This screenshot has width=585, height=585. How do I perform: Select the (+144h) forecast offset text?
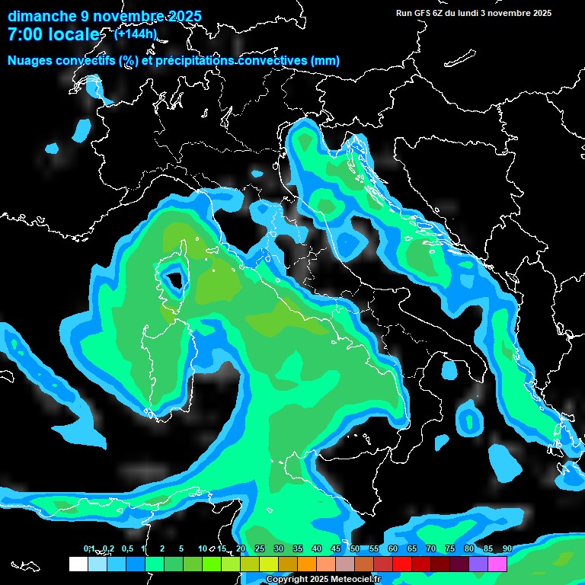pos(136,34)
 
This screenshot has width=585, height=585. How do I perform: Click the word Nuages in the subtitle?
pos(30,61)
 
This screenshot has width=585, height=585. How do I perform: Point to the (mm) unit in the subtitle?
pos(325,61)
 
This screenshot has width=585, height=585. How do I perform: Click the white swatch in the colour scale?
pos(78,564)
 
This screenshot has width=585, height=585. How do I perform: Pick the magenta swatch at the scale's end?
pos(498,564)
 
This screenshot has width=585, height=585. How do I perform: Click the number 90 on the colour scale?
pos(507,548)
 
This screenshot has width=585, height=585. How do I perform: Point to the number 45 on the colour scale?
pos(336,548)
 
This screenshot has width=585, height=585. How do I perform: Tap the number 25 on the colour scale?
pos(260,548)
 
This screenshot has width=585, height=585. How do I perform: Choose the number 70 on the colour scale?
pos(431,548)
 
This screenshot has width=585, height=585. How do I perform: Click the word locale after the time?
pos(74,35)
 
